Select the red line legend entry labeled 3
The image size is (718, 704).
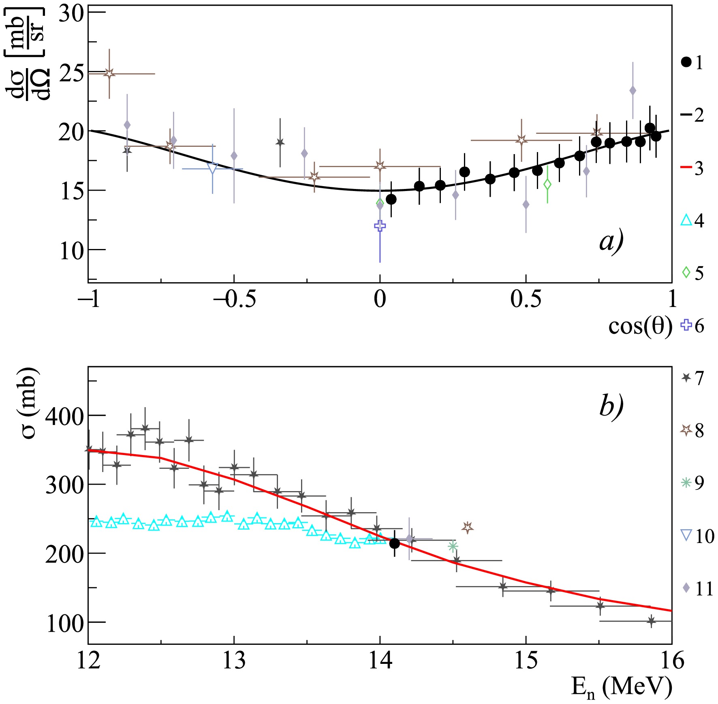coord(686,168)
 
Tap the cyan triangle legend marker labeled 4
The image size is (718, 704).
coord(686,220)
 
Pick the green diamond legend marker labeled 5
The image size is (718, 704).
coord(686,273)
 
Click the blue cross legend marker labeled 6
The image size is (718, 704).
coord(686,325)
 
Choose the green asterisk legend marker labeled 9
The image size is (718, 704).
coord(686,483)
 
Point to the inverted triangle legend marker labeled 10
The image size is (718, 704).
coord(686,536)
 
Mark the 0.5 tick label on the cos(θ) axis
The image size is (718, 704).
coord(526,299)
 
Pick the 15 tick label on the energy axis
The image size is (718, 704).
coord(526,661)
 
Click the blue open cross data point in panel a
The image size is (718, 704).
coord(380,226)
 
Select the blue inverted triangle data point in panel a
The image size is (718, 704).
coord(212,169)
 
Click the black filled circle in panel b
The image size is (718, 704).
coord(394,543)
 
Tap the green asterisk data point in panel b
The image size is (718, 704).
coord(453,546)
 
